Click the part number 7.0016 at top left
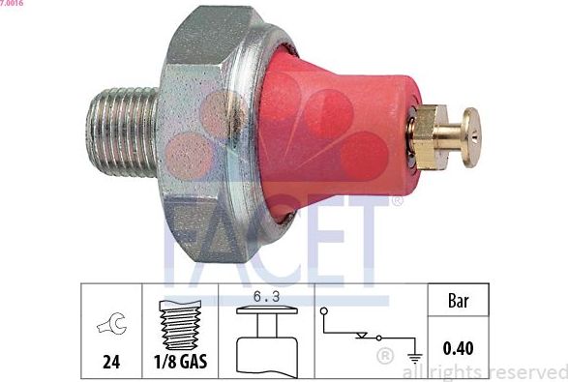tap(13, 5)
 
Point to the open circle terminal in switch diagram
tap(327, 313)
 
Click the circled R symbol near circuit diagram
tap(385, 358)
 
